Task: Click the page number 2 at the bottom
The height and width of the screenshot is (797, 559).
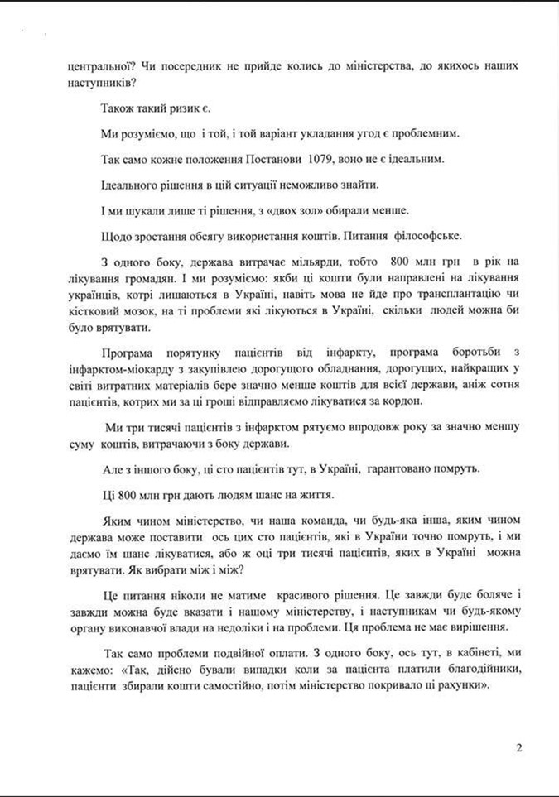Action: pos(519,749)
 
